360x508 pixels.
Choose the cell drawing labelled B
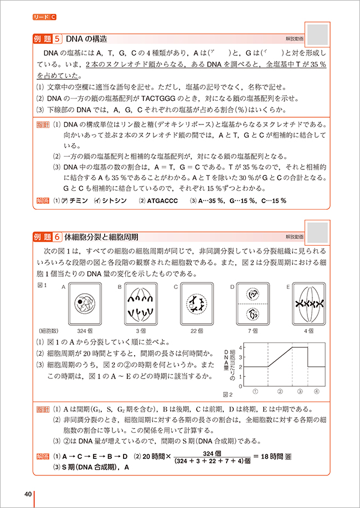click(141, 304)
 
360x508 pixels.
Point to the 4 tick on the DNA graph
click(240, 347)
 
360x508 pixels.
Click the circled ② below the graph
click(280, 391)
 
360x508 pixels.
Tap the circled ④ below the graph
click(317, 391)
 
